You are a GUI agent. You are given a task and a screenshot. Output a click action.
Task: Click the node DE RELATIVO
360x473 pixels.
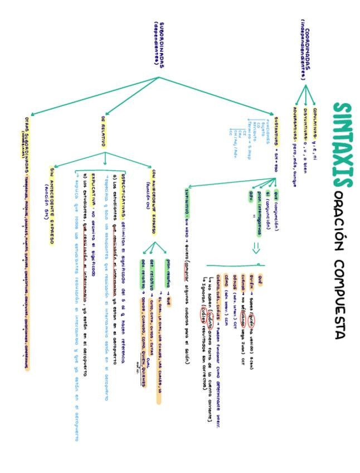click(x=104, y=132)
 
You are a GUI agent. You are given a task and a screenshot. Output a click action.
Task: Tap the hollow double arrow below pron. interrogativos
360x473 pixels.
click(x=257, y=247)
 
